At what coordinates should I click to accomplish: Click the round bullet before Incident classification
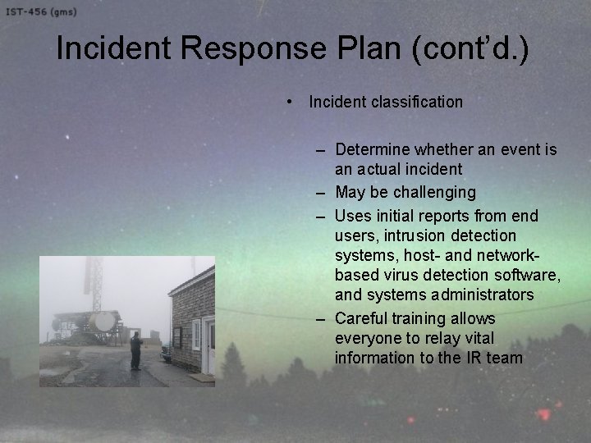[x=292, y=103]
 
